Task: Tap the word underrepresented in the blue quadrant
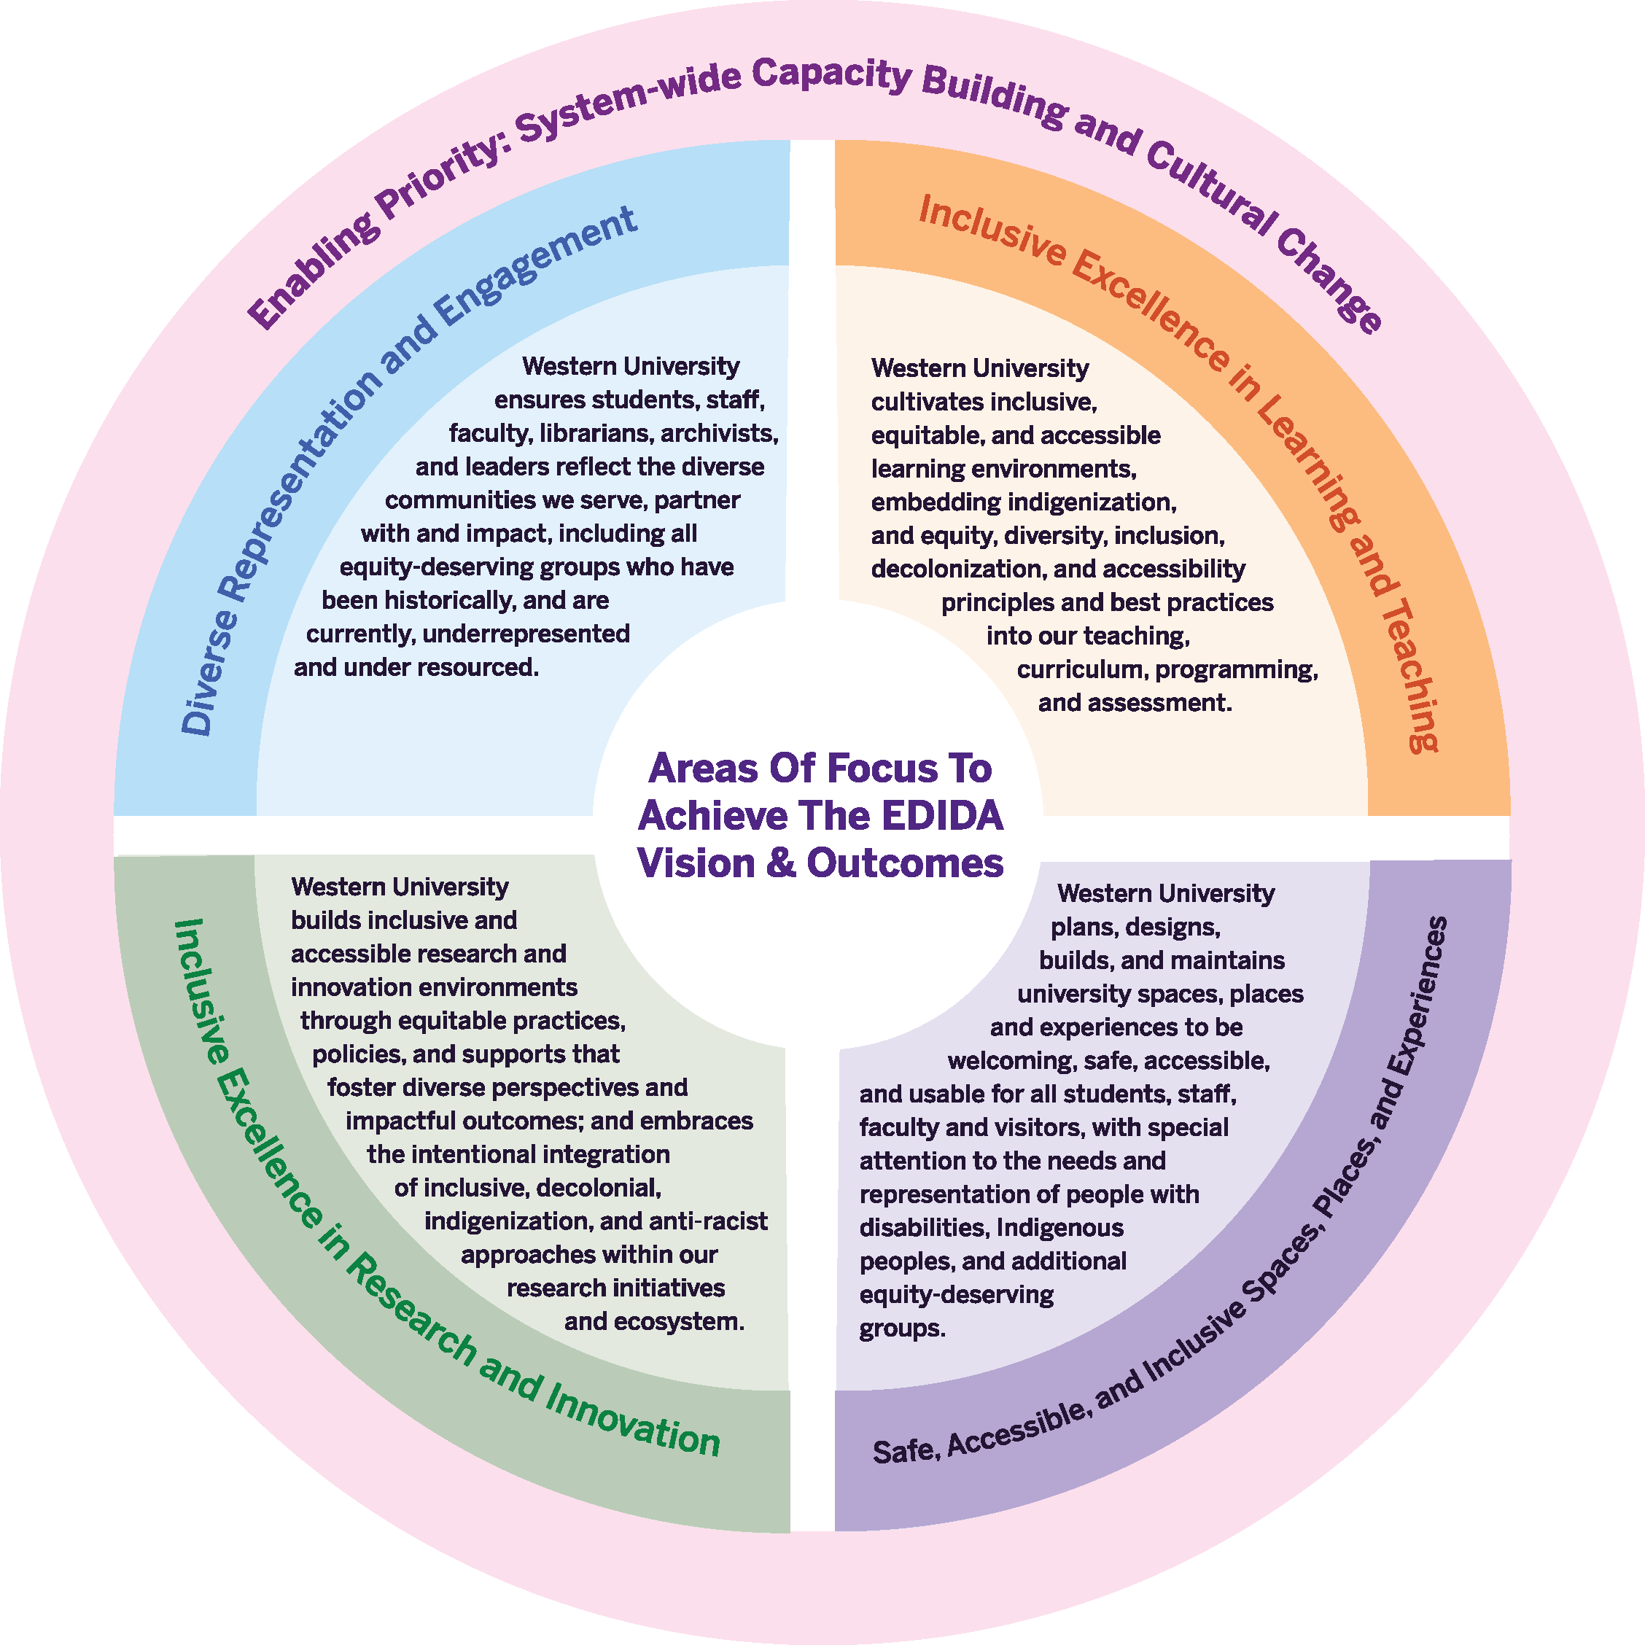point(526,634)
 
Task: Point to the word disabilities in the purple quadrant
point(923,1227)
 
